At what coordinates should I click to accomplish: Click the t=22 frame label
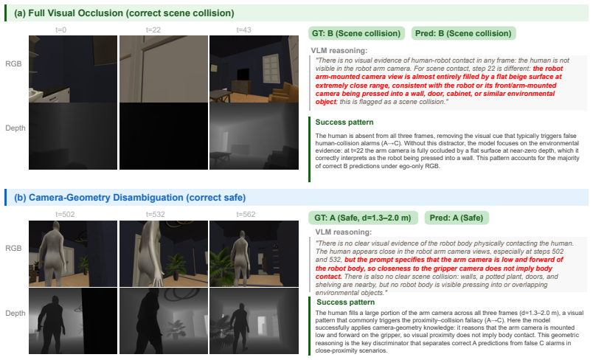[153, 30]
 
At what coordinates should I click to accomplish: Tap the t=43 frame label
[243, 30]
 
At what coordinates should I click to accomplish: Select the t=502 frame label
[65, 215]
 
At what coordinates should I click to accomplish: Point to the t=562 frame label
[246, 215]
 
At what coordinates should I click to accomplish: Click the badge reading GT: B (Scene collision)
[356, 33]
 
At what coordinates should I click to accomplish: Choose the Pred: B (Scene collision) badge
[463, 33]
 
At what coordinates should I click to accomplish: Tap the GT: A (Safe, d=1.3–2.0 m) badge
[363, 218]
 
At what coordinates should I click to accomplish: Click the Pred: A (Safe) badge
[457, 218]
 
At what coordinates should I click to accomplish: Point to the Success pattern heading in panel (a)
[344, 122]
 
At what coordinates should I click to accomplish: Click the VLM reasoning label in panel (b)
[344, 232]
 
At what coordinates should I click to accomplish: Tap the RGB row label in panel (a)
[13, 63]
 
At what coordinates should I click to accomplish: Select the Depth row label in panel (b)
[15, 313]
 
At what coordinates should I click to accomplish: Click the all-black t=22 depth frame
[164, 136]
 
